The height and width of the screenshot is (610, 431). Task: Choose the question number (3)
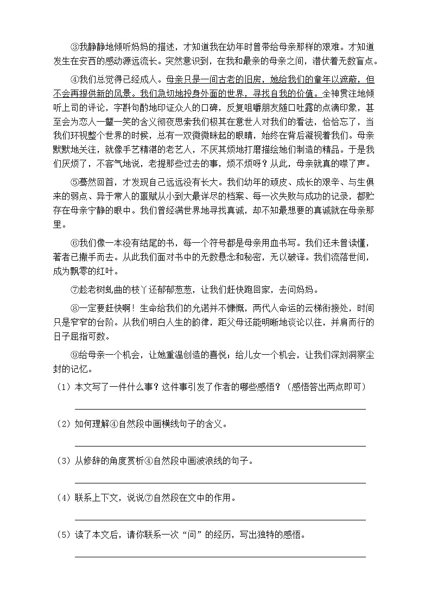click(64, 461)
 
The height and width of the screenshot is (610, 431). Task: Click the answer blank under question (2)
click(219, 445)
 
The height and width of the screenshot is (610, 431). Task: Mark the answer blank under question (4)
click(219, 519)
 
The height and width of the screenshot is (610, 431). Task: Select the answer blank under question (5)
click(219, 556)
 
